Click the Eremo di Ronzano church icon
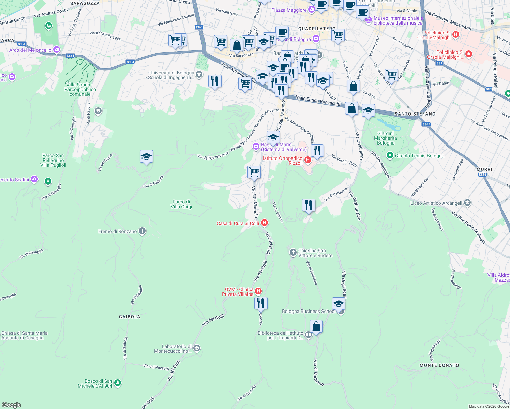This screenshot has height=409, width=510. [x=142, y=231]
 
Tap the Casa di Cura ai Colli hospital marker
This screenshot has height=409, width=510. [x=264, y=223]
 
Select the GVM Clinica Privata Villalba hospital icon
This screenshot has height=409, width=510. [x=258, y=291]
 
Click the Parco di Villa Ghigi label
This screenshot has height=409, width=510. [x=181, y=204]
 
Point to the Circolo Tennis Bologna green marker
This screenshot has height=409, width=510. [x=390, y=156]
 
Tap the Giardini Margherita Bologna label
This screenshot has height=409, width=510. [x=386, y=138]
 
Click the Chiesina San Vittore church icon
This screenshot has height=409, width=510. [x=293, y=253]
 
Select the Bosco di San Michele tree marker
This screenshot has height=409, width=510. [x=118, y=383]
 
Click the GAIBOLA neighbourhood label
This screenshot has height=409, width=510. [x=130, y=317]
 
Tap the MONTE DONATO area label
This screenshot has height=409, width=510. [x=439, y=365]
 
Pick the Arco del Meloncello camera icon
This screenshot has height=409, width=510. [x=57, y=50]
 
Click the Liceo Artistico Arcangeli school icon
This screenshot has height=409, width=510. [x=467, y=203]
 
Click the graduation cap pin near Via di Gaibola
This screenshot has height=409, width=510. [x=146, y=157]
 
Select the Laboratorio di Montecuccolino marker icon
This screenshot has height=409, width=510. [x=196, y=348]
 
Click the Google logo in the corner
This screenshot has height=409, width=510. [x=11, y=405]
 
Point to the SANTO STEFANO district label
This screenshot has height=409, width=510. [x=415, y=114]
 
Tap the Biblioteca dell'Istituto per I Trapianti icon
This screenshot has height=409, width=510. [x=309, y=335]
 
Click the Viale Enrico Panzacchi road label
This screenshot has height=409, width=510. [x=318, y=101]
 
